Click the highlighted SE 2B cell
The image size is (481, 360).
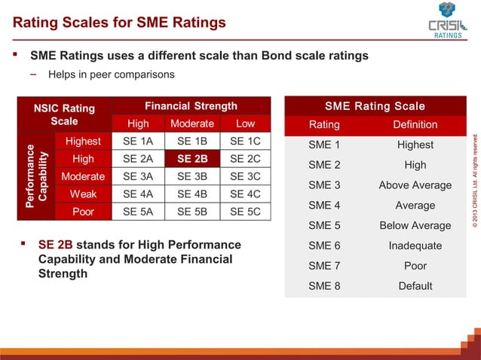tap(192, 159)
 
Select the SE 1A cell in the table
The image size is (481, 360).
tap(138, 142)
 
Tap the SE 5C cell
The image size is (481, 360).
tap(245, 212)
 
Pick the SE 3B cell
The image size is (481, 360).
tap(192, 176)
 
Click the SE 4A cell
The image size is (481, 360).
tap(138, 194)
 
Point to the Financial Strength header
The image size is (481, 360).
tap(191, 106)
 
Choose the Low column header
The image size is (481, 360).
tap(245, 124)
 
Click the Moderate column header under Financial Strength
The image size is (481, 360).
tap(192, 124)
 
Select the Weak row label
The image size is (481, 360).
tap(83, 194)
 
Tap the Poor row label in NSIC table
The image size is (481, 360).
tap(83, 212)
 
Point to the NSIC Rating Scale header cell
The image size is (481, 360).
tap(64, 114)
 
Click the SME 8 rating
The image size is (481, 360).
tap(325, 285)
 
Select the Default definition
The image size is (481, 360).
tap(415, 285)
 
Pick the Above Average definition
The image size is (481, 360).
tap(415, 185)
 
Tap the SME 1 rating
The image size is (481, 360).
tap(325, 145)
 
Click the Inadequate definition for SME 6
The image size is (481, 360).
tap(415, 246)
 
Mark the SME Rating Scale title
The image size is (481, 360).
tap(375, 106)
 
